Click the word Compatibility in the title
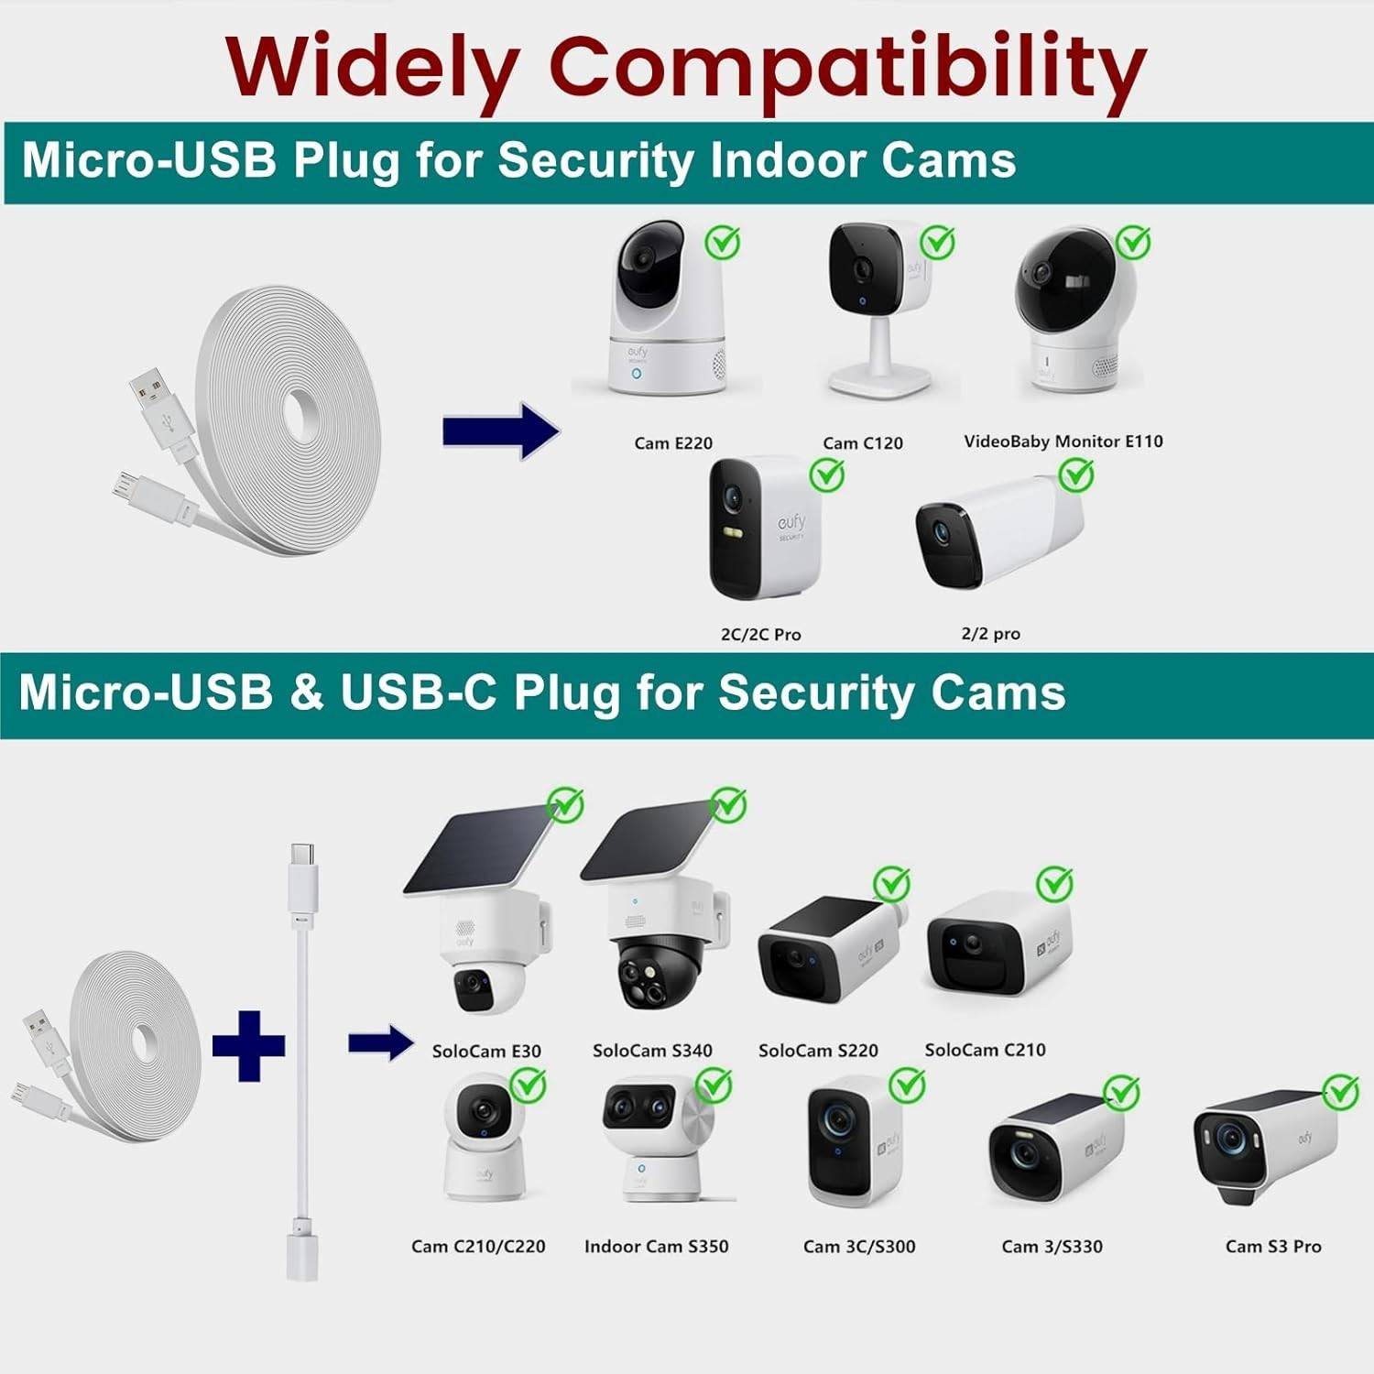(x=847, y=69)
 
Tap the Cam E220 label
(x=673, y=443)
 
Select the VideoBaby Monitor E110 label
(x=1063, y=442)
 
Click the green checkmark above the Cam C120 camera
(x=937, y=243)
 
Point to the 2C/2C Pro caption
(x=760, y=634)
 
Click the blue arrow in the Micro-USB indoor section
(x=500, y=431)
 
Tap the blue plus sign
(x=248, y=1045)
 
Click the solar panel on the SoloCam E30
(x=478, y=850)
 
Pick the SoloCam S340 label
(x=652, y=1051)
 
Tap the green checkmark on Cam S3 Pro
(x=1341, y=1092)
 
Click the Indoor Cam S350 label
(x=656, y=1247)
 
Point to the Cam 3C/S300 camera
(x=852, y=1140)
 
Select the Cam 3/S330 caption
(x=1052, y=1247)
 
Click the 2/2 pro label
(x=990, y=634)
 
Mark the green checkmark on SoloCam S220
(x=890, y=884)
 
